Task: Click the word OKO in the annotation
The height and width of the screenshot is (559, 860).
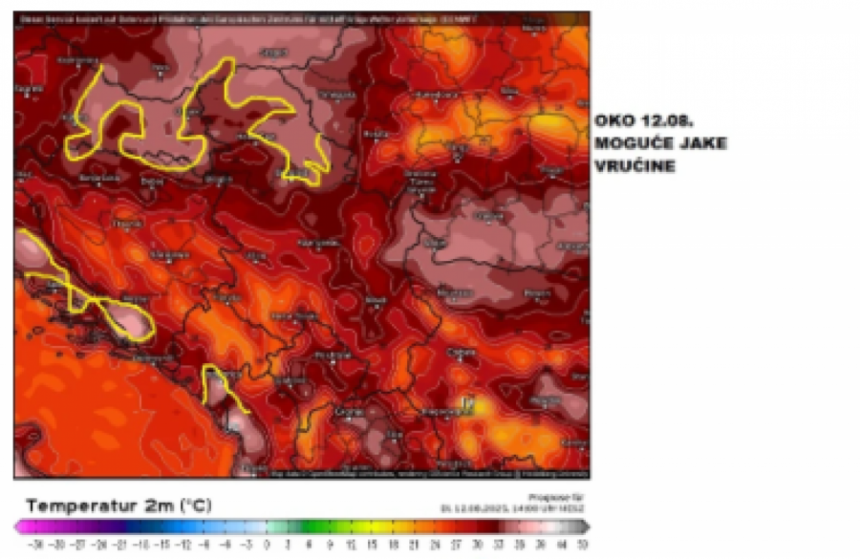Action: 611,121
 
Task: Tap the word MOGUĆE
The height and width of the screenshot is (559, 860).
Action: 627,143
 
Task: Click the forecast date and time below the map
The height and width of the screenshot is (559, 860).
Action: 511,506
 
